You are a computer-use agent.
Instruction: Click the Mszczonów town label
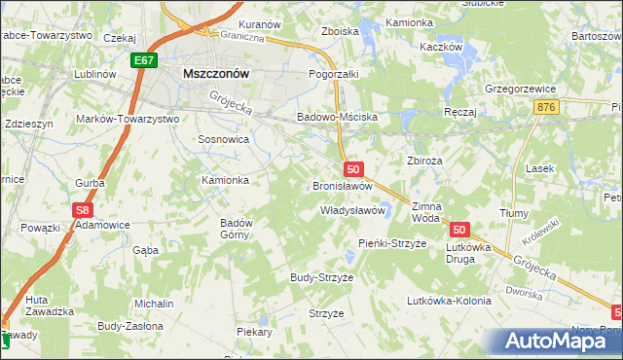pos(217,72)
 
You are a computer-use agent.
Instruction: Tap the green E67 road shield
pos(144,60)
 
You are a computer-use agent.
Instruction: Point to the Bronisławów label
pos(343,185)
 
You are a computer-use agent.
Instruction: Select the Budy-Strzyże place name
pos(321,277)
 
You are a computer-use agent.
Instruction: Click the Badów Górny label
pos(237,228)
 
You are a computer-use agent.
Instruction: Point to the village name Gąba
pos(145,250)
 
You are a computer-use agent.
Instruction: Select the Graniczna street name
pos(242,38)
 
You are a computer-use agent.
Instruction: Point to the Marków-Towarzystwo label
pos(128,119)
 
